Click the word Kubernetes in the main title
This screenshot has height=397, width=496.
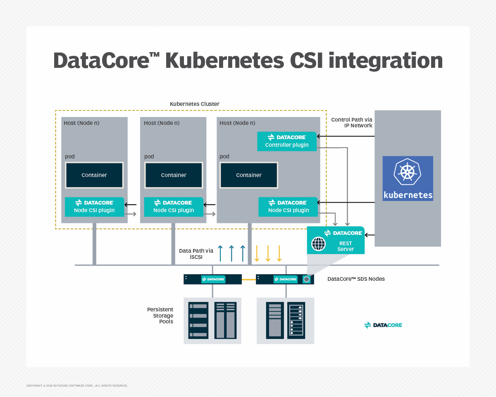[224, 60]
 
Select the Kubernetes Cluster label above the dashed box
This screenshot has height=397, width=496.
[195, 104]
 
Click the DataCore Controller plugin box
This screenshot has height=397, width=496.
[287, 141]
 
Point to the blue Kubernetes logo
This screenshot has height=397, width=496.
[408, 178]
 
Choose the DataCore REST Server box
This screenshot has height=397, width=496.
[336, 240]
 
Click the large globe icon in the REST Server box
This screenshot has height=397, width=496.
[318, 244]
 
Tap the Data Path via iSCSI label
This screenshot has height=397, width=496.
[196, 254]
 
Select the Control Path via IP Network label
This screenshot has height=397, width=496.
[352, 122]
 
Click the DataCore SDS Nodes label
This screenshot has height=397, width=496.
[356, 279]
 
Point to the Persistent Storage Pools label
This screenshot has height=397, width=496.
[160, 316]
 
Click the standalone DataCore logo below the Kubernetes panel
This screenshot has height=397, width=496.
[383, 325]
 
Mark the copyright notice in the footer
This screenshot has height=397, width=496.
[77, 385]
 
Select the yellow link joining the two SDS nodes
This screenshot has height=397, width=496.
[249, 280]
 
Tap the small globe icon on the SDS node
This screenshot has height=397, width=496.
[307, 280]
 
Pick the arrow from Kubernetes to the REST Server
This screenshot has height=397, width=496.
[370, 235]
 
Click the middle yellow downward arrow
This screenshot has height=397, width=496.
[268, 253]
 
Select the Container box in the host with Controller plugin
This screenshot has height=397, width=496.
[249, 175]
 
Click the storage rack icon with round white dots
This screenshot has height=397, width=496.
[296, 320]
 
